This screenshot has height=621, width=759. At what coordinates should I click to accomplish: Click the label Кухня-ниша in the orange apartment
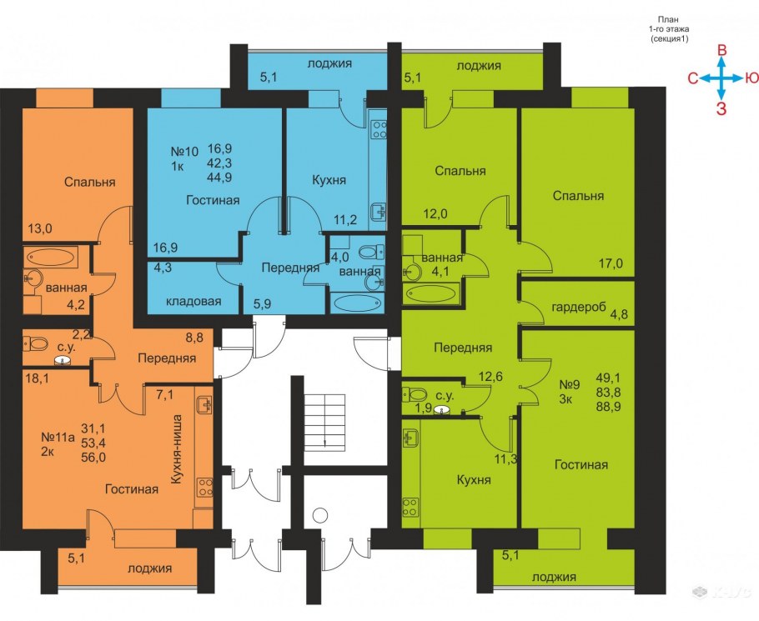tap(178, 449)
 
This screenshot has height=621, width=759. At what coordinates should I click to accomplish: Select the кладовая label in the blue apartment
tap(194, 301)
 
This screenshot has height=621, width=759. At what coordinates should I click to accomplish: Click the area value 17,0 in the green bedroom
tap(611, 264)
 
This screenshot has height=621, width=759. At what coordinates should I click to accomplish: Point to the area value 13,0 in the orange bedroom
tap(40, 228)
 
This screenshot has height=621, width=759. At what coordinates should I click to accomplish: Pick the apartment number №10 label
tap(184, 152)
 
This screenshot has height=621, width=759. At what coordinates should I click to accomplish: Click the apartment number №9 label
tap(569, 385)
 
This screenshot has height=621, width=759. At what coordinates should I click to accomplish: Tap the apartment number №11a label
tap(58, 438)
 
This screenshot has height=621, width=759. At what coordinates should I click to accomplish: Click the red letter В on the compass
tap(721, 50)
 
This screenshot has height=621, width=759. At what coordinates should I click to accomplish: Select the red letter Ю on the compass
tap(751, 78)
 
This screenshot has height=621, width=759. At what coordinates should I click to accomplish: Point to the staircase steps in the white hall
tap(324, 422)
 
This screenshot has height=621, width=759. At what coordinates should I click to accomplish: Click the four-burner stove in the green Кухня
tap(410, 507)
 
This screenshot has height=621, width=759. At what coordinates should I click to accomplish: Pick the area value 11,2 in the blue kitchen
tap(345, 220)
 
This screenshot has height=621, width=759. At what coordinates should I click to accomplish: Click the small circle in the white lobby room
tap(320, 515)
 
